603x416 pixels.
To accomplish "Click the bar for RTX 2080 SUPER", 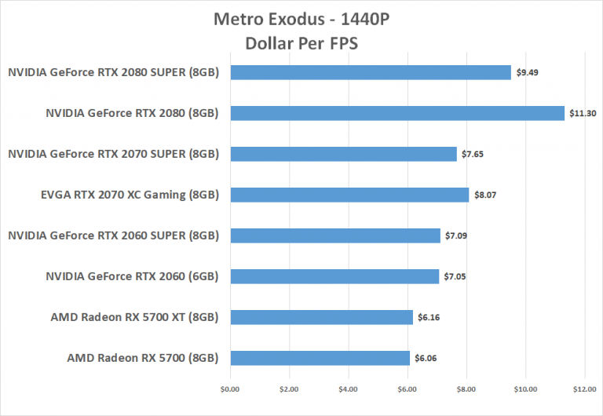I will (371, 72).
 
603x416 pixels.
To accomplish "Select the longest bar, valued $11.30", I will (397, 113).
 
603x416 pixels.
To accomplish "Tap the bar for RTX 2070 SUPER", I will (343, 154).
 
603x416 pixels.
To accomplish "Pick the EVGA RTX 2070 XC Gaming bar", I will (349, 195).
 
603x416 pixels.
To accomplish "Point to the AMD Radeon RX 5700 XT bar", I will (321, 317).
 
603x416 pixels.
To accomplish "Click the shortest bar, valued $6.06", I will (320, 358).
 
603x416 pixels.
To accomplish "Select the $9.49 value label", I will (527, 72).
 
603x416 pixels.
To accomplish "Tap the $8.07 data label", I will (484, 195).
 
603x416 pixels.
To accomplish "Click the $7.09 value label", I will (456, 235).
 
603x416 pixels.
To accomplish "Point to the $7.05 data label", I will (455, 276).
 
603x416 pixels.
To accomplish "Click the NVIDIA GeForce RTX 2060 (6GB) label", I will (132, 276).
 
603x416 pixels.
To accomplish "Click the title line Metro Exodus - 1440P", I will (301, 19).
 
